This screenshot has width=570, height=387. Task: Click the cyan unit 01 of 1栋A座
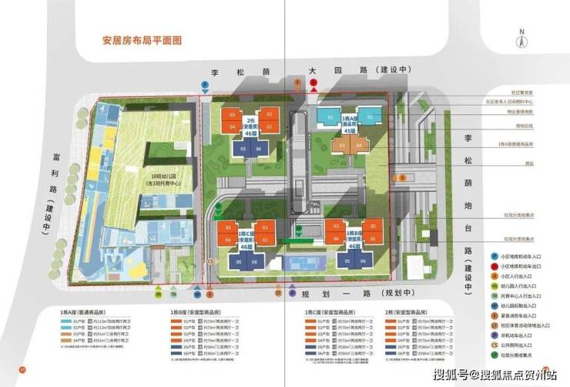tap(369, 117)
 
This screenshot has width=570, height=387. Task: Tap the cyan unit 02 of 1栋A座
tap(330, 117)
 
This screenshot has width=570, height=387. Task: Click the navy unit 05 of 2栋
tap(243, 149)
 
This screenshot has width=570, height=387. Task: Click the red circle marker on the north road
tap(313, 90)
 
